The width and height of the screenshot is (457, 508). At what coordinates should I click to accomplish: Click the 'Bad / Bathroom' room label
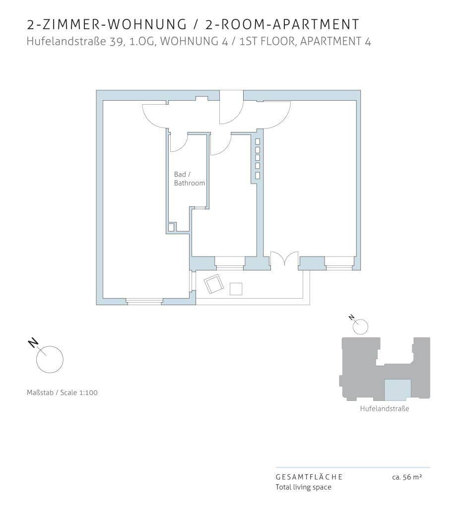click(x=189, y=179)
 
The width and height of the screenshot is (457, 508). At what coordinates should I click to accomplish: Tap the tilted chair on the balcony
click(x=213, y=284)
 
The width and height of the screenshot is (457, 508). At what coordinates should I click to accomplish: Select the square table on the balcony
click(x=236, y=289)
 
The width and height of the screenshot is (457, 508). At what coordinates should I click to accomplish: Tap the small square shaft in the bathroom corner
click(x=171, y=227)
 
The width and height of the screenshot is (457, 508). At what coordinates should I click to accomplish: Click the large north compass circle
click(x=50, y=359)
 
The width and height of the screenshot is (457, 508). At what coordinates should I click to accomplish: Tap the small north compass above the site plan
click(x=360, y=326)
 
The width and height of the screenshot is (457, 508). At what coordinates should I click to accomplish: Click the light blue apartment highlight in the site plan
click(x=397, y=390)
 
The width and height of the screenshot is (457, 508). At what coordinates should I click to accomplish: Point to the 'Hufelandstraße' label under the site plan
click(x=385, y=409)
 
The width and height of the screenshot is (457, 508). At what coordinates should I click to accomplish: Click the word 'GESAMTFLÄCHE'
click(x=309, y=477)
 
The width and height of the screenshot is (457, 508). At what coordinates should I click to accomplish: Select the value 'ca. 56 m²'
click(x=407, y=477)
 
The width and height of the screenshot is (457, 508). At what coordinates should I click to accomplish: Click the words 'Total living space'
click(x=303, y=487)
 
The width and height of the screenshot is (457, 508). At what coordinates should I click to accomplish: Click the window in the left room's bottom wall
click(x=144, y=301)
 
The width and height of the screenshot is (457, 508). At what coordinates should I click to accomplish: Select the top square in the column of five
click(x=258, y=141)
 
